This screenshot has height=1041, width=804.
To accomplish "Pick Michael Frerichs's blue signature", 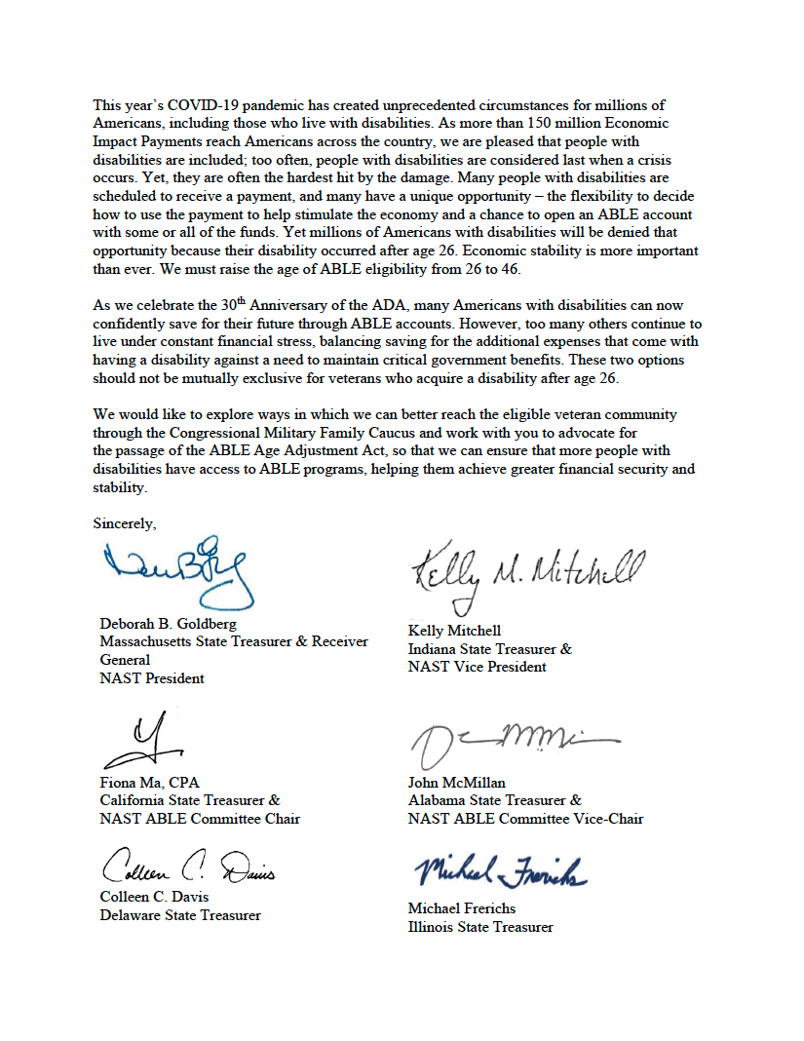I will (x=497, y=870).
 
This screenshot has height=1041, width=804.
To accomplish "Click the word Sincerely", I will (x=124, y=523).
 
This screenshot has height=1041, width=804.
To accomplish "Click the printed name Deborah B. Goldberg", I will (x=168, y=624).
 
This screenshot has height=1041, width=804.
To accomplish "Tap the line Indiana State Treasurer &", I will (x=489, y=649).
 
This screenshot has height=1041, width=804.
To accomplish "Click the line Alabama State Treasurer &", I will (x=494, y=800).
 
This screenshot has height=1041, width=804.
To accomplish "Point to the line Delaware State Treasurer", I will (x=180, y=915).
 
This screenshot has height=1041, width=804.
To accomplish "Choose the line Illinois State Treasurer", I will (x=480, y=927).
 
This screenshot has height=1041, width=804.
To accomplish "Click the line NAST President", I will (x=152, y=678).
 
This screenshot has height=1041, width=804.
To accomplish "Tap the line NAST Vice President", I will (x=477, y=668).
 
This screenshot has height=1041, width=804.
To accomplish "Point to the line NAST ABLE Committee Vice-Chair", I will (x=525, y=819).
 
